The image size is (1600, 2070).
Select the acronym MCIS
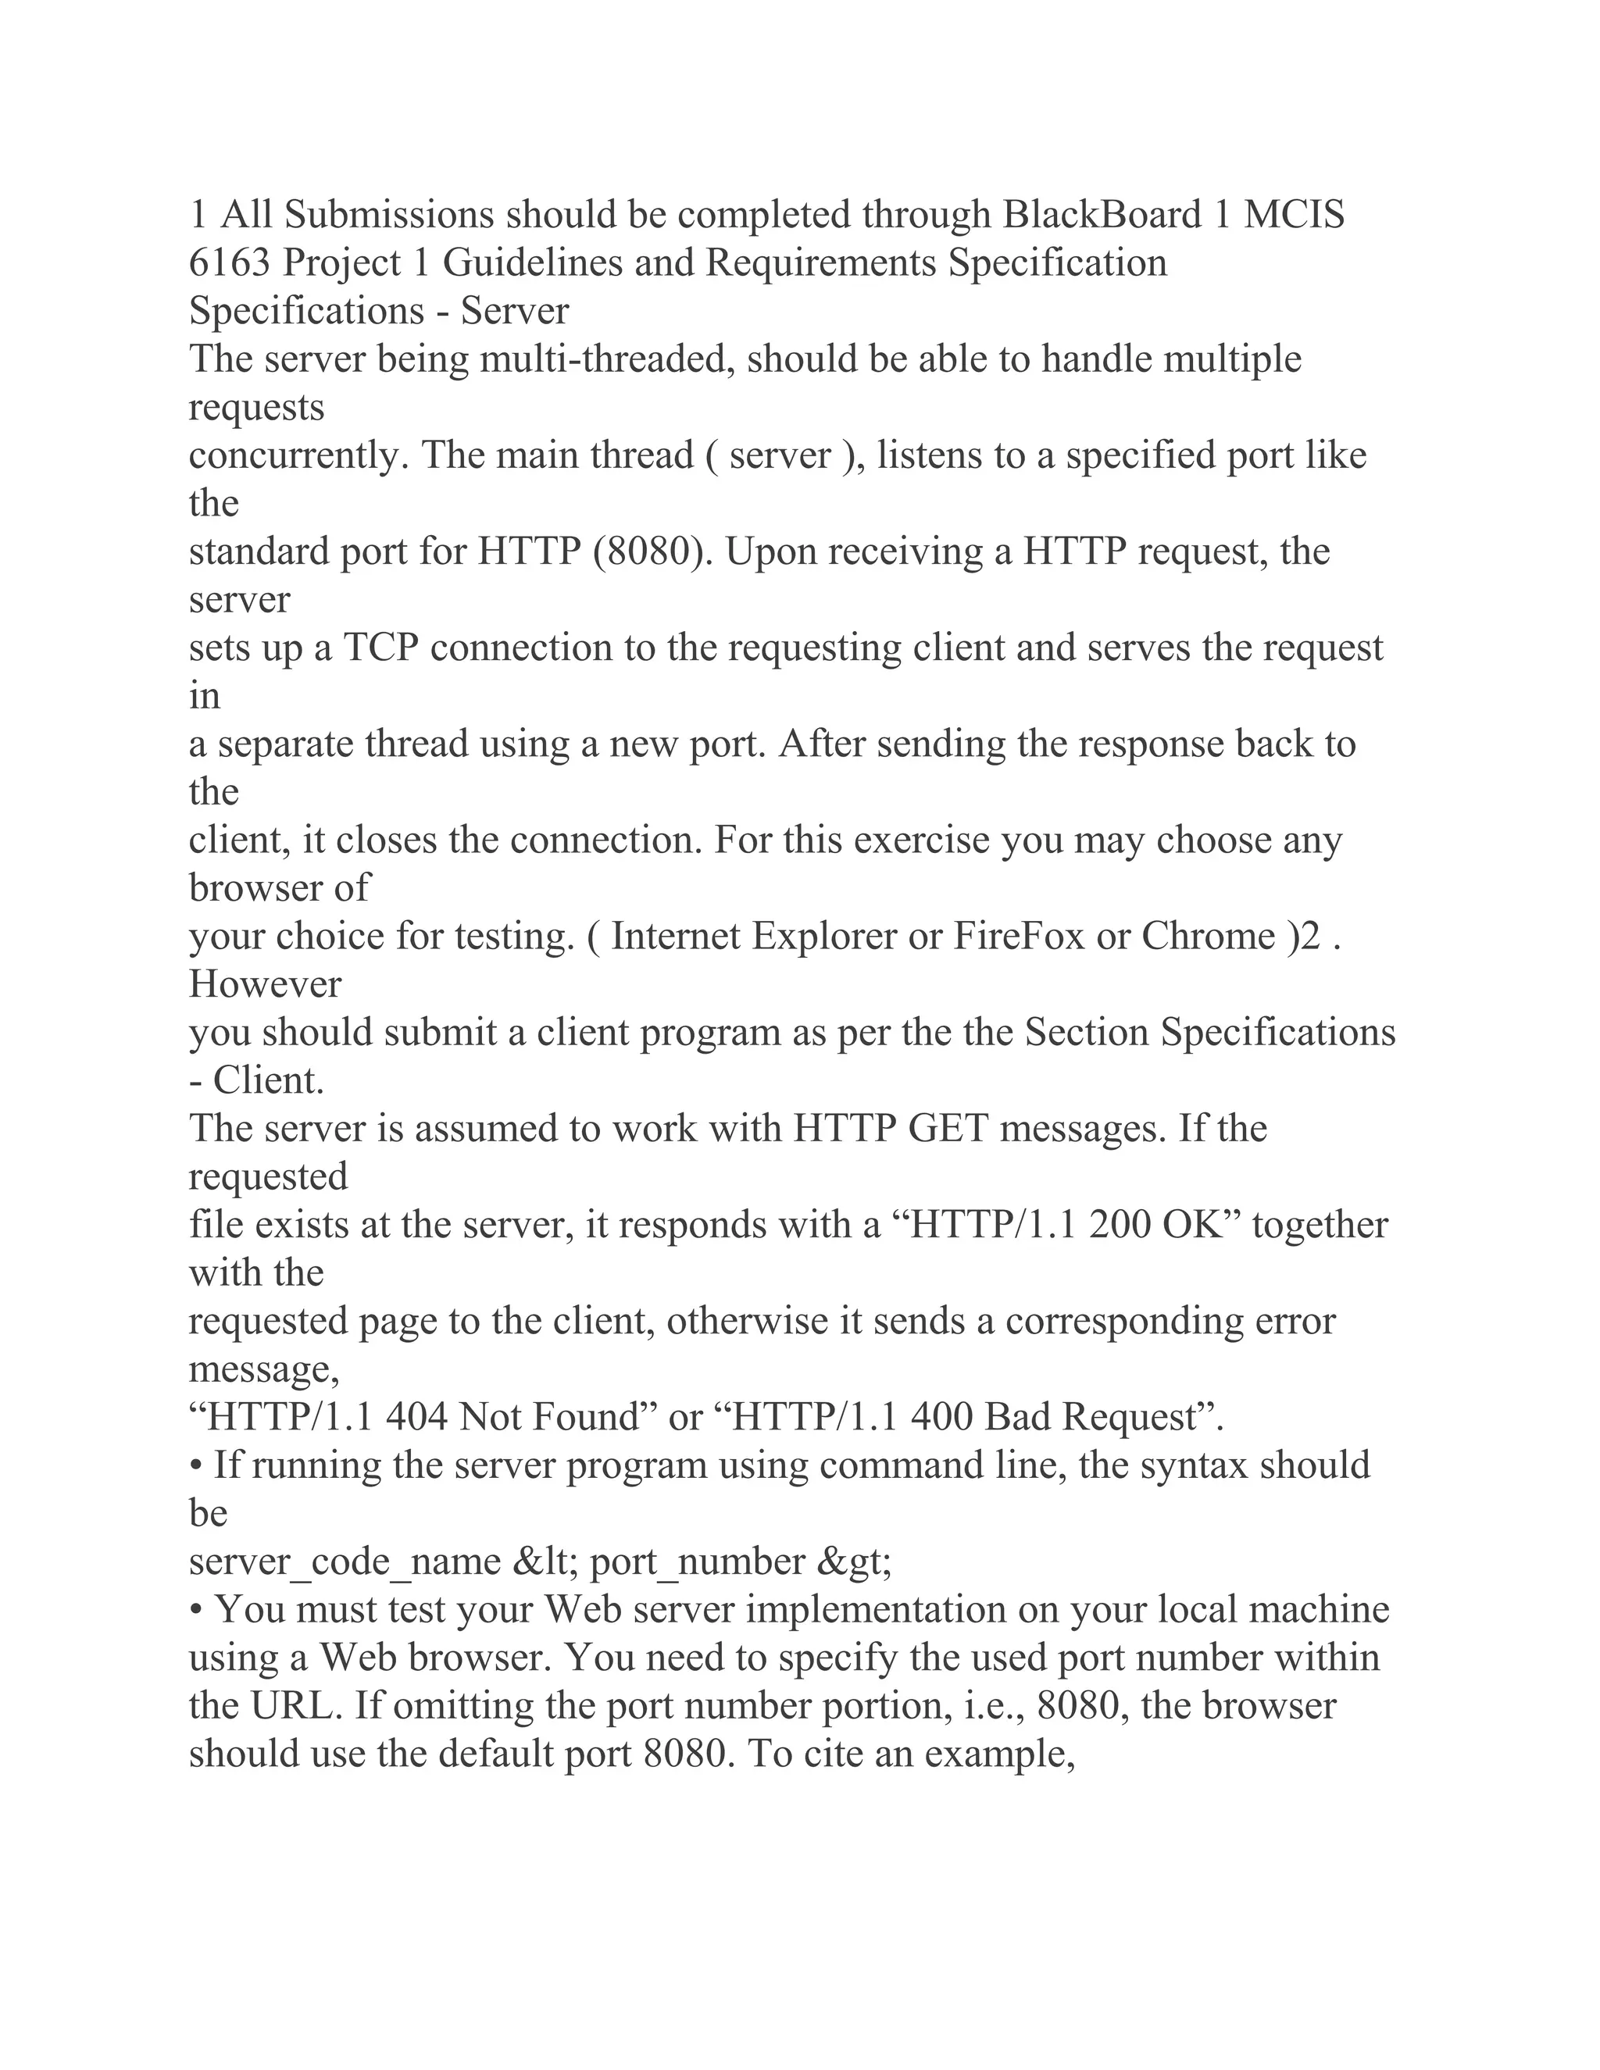pos(1294,215)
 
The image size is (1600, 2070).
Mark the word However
pos(265,983)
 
